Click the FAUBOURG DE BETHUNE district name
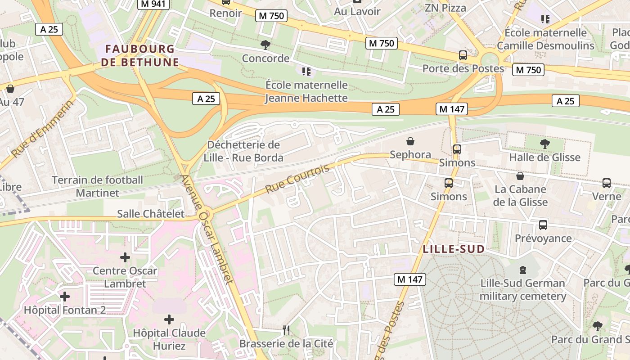point(140,55)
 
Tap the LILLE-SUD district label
point(454,249)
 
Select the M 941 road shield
point(153,4)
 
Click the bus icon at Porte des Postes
point(463,55)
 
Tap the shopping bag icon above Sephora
point(410,142)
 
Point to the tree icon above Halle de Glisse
point(544,144)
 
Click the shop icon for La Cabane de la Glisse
point(520,176)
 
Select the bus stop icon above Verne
point(606,183)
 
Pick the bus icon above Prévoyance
point(543,225)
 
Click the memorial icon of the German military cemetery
point(522,270)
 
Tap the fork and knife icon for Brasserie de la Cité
point(286,330)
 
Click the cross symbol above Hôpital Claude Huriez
point(169,319)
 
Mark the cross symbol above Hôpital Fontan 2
point(65,297)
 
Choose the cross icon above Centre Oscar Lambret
point(125,257)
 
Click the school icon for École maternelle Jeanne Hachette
point(306,71)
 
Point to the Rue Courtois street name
point(297,179)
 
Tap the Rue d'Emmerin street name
point(43,129)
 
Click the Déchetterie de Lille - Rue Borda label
point(243,151)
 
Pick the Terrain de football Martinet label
point(98,186)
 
